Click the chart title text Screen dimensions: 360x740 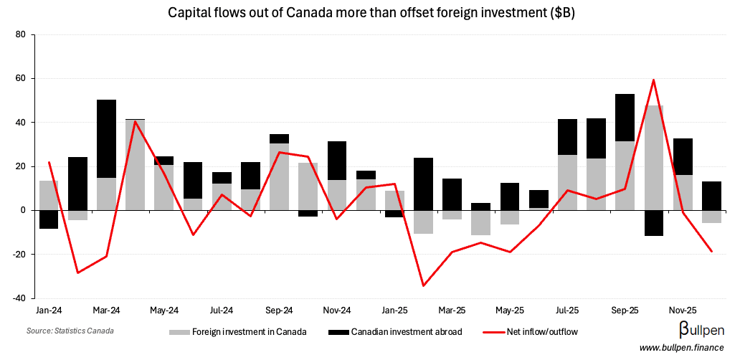369,13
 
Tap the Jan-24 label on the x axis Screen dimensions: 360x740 48,311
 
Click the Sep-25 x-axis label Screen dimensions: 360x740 625,311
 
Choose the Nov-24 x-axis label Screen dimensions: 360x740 336,311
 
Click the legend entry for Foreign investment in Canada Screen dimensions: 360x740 237,332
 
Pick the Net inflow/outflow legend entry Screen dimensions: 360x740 530,332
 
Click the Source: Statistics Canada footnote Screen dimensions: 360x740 70,331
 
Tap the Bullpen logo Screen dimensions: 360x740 701,330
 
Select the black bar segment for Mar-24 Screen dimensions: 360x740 107,138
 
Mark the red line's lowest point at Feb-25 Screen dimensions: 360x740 423,285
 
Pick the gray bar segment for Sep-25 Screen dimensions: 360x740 625,176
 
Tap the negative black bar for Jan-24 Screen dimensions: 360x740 49,219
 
